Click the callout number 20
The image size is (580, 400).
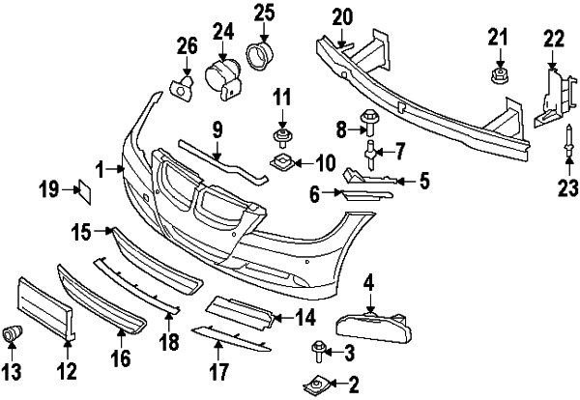(343, 16)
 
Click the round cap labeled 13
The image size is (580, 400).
(14, 334)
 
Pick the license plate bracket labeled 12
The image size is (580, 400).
(45, 308)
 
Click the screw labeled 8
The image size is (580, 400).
(370, 121)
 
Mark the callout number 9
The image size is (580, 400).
(217, 129)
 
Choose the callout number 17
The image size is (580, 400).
(218, 371)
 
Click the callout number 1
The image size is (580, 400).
(101, 169)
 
